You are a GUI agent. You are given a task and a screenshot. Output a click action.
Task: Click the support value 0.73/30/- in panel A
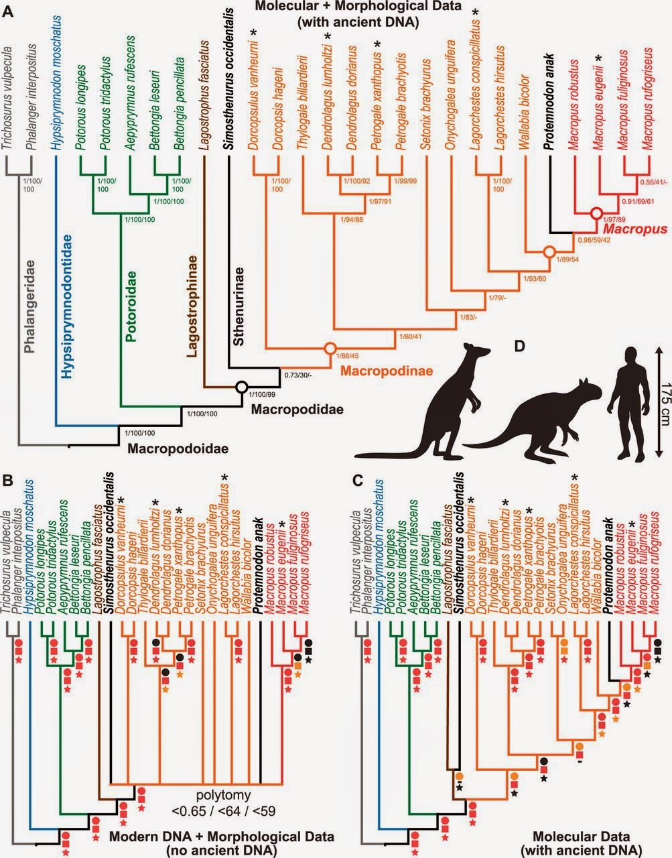300,375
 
